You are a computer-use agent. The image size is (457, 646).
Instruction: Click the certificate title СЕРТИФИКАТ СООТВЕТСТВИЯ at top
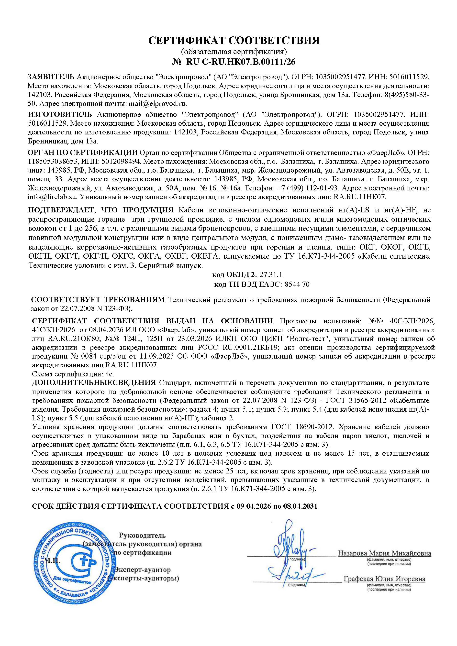click(x=234, y=41)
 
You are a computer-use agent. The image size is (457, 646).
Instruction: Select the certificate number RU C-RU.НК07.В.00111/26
click(x=241, y=62)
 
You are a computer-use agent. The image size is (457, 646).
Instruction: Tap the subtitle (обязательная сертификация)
click(x=234, y=52)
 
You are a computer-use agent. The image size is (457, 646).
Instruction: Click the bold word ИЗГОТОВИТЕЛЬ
click(x=60, y=115)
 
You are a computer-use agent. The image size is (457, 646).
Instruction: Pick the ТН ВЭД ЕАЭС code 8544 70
click(x=297, y=285)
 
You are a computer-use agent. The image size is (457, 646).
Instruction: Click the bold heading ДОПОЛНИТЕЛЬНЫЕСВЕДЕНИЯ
click(x=94, y=383)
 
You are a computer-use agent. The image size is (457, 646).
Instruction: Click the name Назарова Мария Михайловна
click(x=384, y=553)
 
